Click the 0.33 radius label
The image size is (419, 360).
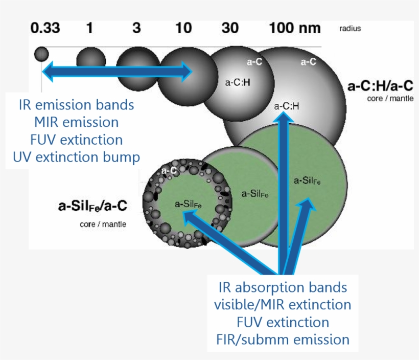45,28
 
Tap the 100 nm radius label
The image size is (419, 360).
295,28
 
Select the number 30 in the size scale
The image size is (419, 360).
230,28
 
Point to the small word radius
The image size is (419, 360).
350,29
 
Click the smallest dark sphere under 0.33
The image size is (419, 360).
41,54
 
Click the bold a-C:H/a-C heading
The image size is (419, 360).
380,85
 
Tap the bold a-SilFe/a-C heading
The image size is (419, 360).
92,206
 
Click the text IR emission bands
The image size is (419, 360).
76,105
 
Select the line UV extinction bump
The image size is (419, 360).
76,157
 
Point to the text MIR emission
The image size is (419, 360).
76,123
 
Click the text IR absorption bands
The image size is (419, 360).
283,287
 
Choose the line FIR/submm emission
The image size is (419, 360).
283,340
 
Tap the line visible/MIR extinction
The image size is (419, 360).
283,305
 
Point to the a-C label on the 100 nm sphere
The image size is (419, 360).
308,62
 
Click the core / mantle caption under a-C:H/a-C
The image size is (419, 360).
387,98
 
